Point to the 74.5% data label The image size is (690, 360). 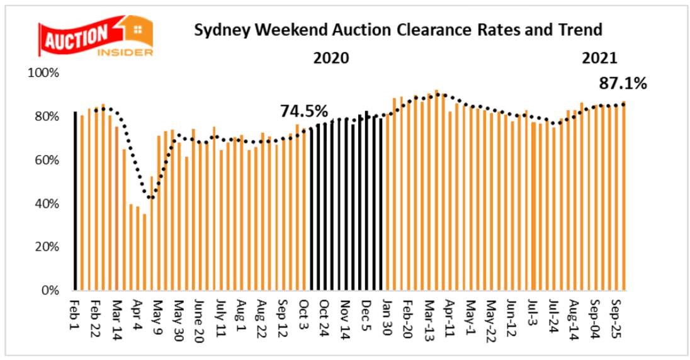click(x=304, y=111)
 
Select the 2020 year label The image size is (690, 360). click(x=331, y=59)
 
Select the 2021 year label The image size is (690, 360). click(x=600, y=59)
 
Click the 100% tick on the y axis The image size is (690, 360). click(x=43, y=73)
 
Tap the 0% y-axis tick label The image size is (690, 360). click(x=49, y=291)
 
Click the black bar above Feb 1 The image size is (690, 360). click(x=76, y=201)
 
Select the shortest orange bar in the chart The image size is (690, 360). click(x=145, y=252)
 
